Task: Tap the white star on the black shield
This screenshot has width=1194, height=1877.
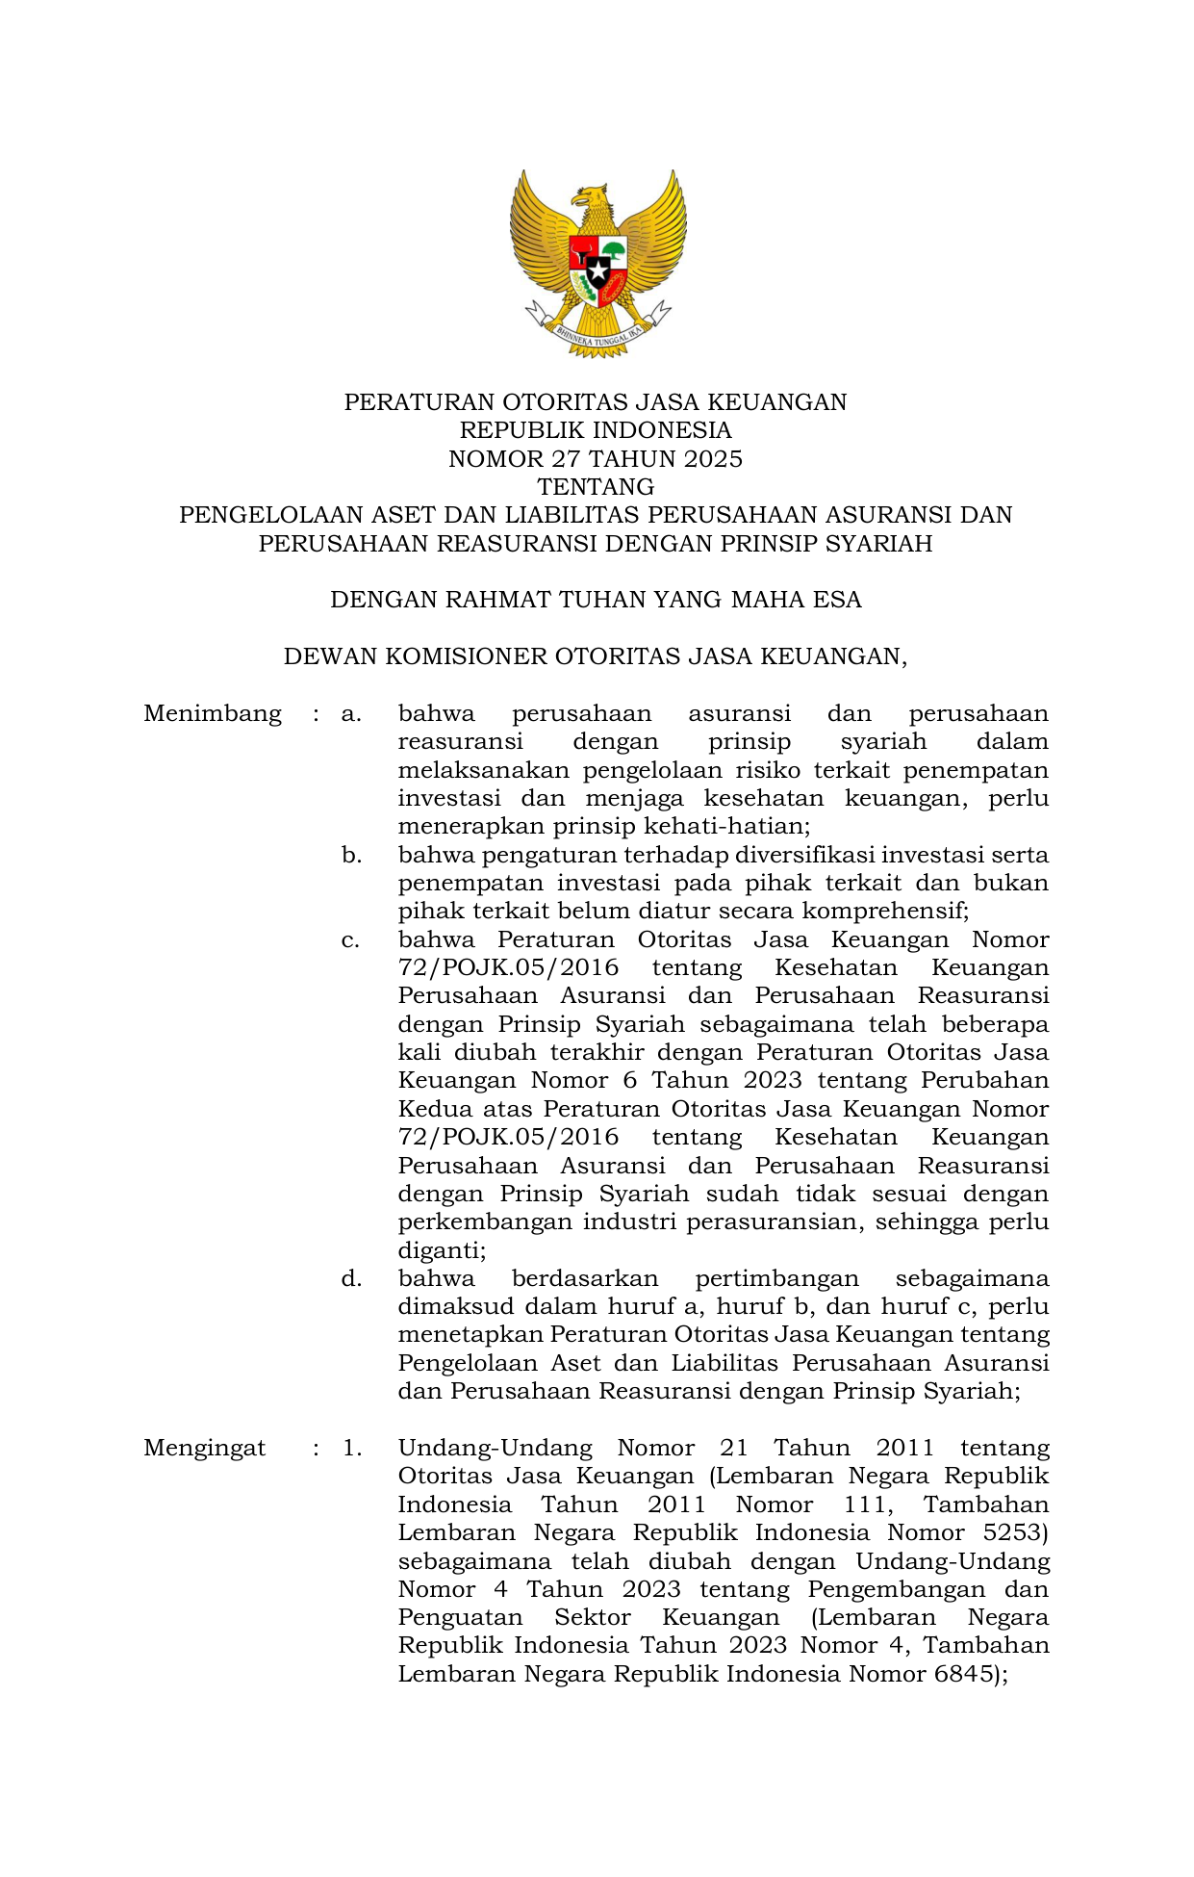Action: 598,271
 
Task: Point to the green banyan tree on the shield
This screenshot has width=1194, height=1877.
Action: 613,252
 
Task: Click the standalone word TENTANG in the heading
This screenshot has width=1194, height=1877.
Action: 596,487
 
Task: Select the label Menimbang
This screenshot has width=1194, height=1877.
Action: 213,714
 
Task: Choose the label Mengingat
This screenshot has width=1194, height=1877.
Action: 205,1448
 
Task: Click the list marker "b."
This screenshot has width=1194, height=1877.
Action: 351,855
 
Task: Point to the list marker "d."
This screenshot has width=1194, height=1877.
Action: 351,1278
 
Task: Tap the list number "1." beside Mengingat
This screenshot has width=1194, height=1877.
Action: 351,1448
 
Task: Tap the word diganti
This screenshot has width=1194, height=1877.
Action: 440,1250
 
